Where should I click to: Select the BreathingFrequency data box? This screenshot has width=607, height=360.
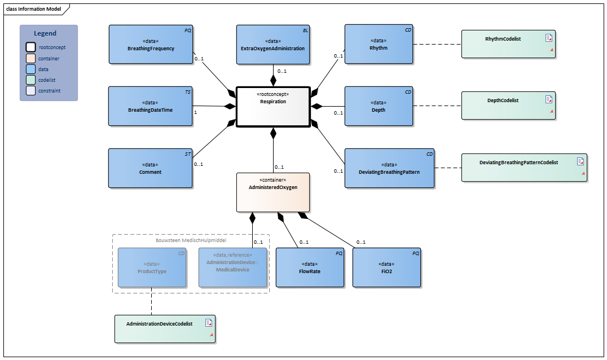(151, 44)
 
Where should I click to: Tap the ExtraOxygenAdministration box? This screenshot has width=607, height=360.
(272, 44)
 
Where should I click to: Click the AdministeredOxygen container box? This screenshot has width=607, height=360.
(273, 192)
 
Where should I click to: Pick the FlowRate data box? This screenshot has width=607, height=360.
(309, 267)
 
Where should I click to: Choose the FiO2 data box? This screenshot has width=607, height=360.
(386, 267)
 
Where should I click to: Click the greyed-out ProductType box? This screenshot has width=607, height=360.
(151, 267)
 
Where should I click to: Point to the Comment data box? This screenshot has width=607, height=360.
(150, 168)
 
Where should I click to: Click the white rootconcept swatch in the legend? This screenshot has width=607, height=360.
(30, 47)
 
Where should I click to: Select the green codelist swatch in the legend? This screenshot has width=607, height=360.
(30, 80)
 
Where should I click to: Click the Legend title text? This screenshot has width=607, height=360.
(45, 33)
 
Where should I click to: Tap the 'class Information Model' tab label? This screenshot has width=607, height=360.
(33, 9)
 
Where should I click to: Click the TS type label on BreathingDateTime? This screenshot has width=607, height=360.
(188, 91)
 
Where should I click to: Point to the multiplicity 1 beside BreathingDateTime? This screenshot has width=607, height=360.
(196, 112)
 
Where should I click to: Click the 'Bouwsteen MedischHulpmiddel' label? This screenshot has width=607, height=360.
(191, 240)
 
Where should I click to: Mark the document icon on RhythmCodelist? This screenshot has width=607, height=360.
(548, 38)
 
